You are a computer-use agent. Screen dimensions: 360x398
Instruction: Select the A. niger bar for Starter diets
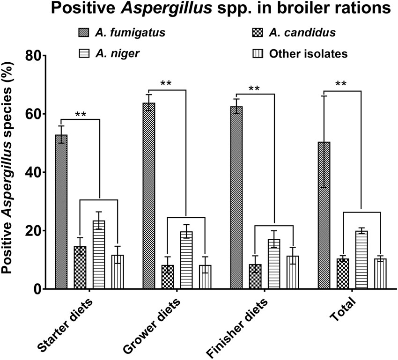(x=98, y=255)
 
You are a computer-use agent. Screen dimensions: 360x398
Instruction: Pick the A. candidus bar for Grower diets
(x=168, y=277)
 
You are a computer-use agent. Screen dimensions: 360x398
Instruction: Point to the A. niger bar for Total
(x=361, y=260)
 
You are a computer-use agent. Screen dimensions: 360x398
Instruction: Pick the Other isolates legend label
(x=308, y=53)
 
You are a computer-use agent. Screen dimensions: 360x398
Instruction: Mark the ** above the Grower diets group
(x=166, y=84)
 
